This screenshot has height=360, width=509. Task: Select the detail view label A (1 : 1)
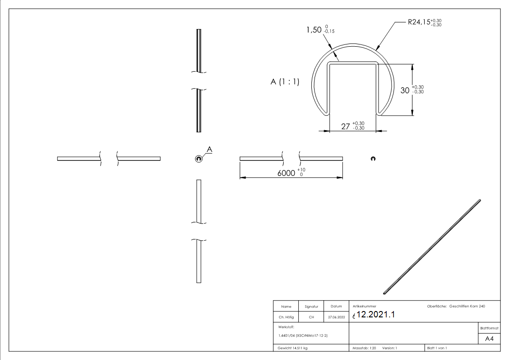[x=285, y=85]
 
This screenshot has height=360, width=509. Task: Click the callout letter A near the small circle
[x=209, y=149]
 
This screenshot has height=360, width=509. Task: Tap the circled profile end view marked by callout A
[x=199, y=158]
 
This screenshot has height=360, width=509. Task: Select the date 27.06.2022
[x=336, y=317]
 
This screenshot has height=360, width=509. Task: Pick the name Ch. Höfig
[x=286, y=317]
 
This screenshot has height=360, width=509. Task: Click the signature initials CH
[x=311, y=317]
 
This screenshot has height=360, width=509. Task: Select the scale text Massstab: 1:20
[x=364, y=348]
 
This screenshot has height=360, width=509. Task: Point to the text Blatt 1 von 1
[x=437, y=348]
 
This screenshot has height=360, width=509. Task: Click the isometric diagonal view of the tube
[x=432, y=246]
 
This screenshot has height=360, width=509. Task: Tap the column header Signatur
[x=311, y=306]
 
